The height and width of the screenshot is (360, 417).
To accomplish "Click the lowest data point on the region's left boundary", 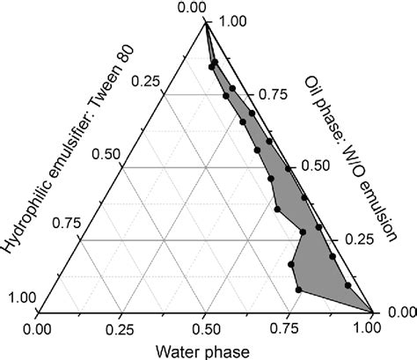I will point(299,289).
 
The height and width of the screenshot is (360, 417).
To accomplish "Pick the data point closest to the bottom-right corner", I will point(349,285).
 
